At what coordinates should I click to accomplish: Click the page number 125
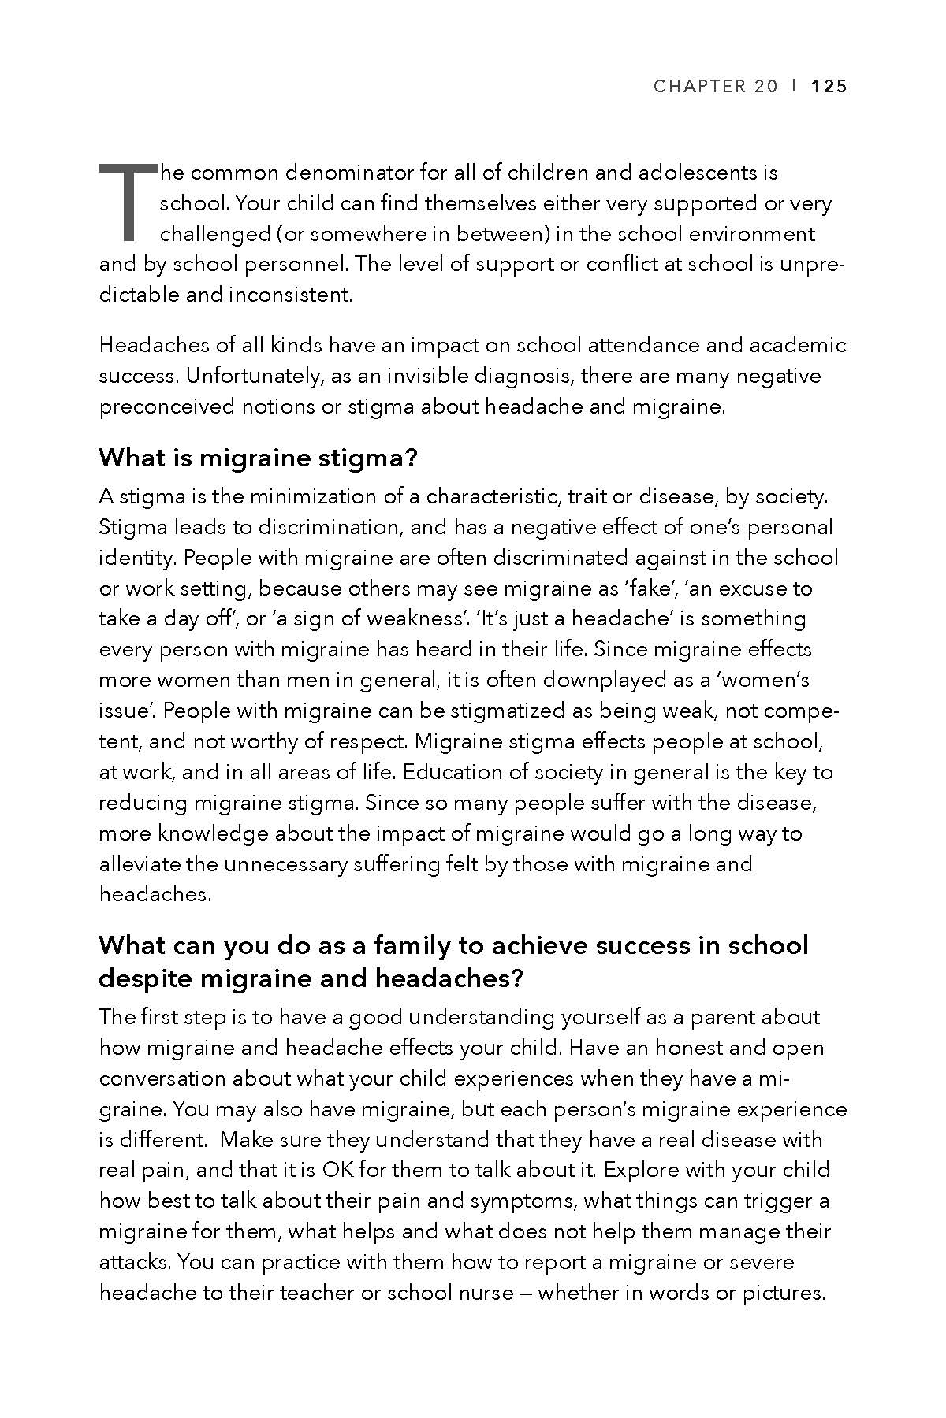coord(829,87)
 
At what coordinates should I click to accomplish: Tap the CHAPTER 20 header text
coord(715,87)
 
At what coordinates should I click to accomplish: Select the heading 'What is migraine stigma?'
coord(257,458)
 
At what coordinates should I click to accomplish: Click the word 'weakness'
coord(395,619)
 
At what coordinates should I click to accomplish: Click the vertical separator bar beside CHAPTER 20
coord(795,87)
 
